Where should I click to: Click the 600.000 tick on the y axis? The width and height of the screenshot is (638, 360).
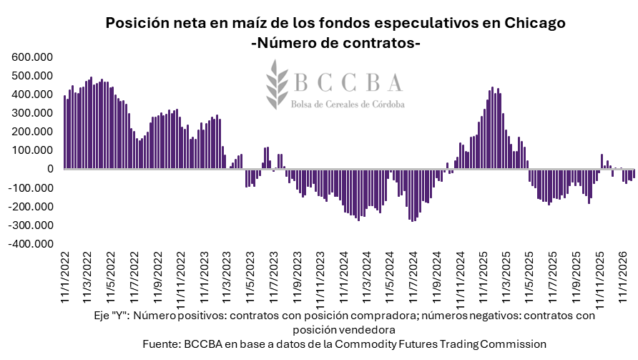pos(31,57)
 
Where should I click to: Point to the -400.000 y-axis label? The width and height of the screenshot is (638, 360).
pos(30,244)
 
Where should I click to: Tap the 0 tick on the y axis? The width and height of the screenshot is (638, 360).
pos(50,169)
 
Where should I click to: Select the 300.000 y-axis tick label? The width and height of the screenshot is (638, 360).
pos(31,113)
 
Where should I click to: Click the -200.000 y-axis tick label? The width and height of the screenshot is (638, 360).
pos(30,207)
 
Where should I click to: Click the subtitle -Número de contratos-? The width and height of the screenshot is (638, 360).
pos(335,44)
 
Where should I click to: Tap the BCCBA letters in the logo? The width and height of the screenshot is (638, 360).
pos(349,83)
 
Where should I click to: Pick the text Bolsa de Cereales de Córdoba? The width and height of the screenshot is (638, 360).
pos(348,104)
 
